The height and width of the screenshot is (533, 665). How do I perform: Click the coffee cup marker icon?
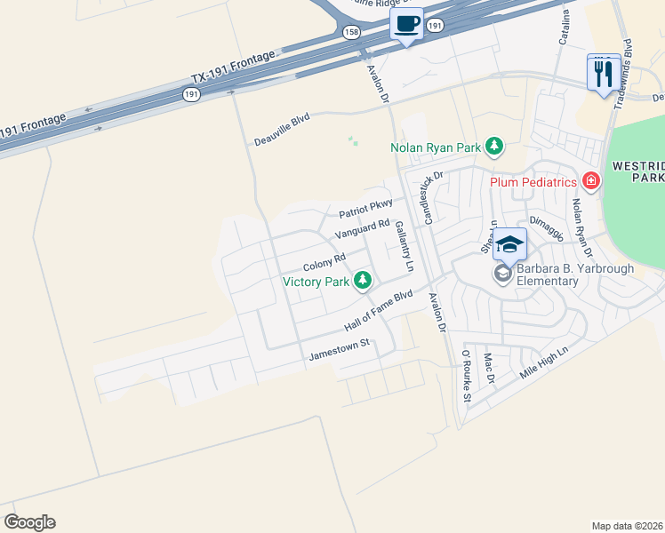click(407, 24)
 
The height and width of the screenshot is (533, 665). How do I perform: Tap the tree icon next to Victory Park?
click(362, 282)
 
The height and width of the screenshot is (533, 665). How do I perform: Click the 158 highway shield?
click(351, 32)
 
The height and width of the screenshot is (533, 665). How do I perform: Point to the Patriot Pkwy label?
click(365, 209)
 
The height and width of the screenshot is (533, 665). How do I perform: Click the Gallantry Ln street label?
click(405, 246)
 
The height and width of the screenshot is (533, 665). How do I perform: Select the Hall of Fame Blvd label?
click(379, 310)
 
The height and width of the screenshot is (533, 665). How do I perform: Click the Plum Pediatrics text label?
click(534, 182)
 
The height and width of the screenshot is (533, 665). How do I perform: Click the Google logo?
click(29, 522)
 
